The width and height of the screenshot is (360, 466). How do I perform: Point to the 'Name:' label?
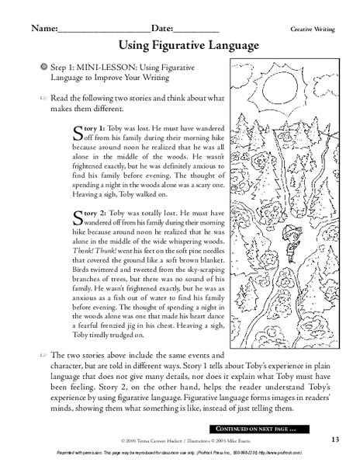[43, 27]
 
